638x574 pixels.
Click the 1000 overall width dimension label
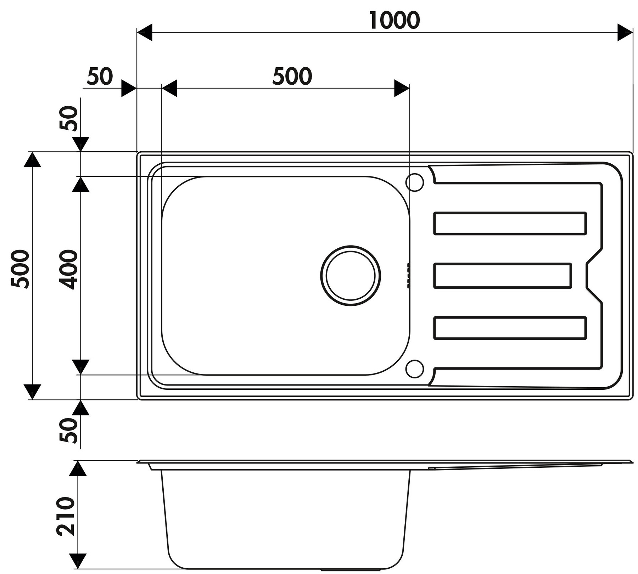(x=394, y=20)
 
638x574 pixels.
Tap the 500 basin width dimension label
(x=292, y=76)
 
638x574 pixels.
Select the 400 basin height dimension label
(x=68, y=270)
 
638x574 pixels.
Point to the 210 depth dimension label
(x=66, y=516)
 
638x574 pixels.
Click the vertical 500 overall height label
(x=20, y=269)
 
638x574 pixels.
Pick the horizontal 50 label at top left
(x=100, y=76)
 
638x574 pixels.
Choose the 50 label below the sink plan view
(x=68, y=430)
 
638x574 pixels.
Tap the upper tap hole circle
(x=415, y=182)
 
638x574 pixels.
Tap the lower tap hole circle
(x=415, y=369)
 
